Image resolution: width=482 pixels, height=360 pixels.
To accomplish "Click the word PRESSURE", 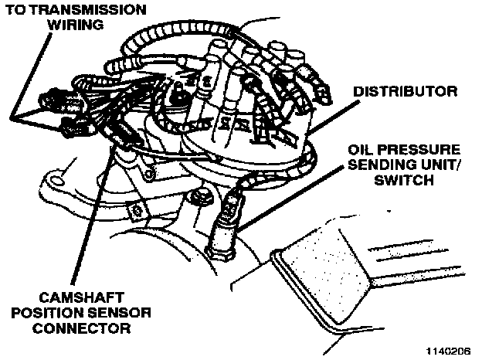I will pos(418,149).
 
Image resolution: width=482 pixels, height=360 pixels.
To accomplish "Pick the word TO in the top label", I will pos(15,9).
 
